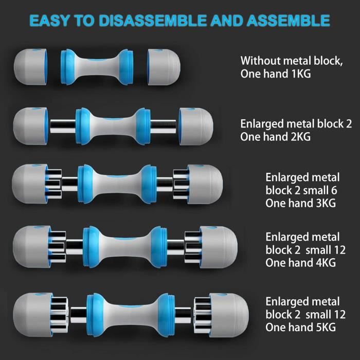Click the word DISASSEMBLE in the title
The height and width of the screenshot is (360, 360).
[153, 21]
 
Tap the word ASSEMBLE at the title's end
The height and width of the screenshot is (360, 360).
[289, 21]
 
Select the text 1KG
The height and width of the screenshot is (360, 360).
[301, 74]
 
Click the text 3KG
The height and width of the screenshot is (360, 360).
[326, 204]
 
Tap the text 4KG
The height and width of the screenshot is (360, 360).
[326, 263]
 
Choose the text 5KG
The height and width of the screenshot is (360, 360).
[326, 328]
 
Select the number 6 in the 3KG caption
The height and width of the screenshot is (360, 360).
[334, 191]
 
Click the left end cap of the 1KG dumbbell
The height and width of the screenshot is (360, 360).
[31, 67]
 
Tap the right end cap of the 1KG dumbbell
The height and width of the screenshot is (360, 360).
[164, 67]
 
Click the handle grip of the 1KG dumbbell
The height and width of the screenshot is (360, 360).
[97, 67]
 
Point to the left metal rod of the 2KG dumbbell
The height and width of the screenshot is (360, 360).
[63, 127]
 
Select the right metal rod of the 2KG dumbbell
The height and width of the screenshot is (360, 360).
[163, 127]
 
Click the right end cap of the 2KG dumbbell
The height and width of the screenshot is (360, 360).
[196, 127]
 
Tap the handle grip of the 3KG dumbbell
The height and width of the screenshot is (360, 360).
[117, 184]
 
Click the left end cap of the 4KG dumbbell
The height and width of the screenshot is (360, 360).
[32, 247]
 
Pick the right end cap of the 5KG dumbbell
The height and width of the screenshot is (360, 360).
[229, 315]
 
